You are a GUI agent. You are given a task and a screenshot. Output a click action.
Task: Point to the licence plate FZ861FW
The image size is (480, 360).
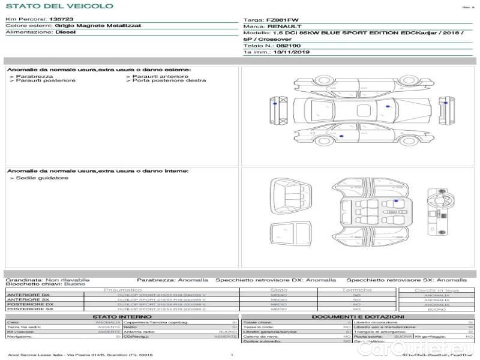[x=275, y=20]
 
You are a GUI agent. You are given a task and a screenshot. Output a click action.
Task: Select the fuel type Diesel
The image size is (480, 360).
[x=65, y=32]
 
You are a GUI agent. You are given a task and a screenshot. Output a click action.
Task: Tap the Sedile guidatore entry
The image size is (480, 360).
[x=42, y=178]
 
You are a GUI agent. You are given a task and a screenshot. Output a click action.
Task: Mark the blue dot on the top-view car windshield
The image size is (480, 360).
[x=388, y=106]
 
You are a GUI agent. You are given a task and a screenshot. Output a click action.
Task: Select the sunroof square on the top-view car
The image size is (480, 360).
[x=363, y=110]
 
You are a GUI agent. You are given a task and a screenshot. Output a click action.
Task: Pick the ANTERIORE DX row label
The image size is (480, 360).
[x=28, y=295]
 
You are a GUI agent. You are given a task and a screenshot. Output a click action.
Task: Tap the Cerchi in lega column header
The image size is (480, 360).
[x=436, y=290]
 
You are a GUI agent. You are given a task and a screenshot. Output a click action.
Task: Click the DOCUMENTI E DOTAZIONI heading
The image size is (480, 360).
[x=358, y=317]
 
